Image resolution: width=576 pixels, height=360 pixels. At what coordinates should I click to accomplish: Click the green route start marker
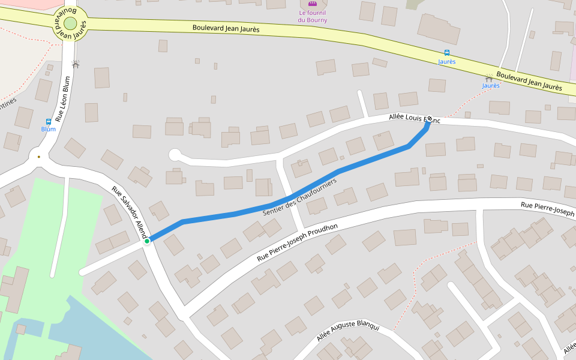click(x=146, y=241)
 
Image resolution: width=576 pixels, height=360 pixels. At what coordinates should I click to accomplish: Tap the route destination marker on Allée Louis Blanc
click(x=429, y=119)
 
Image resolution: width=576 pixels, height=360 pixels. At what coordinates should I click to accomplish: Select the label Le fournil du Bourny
click(x=312, y=16)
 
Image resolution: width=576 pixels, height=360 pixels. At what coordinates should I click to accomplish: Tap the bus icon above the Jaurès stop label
click(x=446, y=53)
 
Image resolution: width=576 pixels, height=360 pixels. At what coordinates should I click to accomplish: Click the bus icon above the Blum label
click(x=49, y=121)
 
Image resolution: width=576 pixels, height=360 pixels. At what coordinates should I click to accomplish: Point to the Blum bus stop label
click(x=49, y=129)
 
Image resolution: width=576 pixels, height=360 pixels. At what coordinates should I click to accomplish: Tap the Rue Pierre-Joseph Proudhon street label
click(x=297, y=242)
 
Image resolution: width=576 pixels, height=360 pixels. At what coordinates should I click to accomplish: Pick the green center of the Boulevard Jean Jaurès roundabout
click(x=70, y=23)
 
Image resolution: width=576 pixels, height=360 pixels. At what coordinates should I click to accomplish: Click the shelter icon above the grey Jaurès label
click(x=489, y=78)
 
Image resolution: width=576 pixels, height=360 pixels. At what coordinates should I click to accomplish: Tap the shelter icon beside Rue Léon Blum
click(x=75, y=63)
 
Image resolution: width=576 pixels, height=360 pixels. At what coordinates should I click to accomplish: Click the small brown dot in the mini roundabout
click(x=39, y=157)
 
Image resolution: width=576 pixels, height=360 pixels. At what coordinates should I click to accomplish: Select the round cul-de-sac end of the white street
click(x=175, y=155)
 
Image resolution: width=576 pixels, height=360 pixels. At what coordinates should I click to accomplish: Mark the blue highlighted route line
click(x=240, y=211)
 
